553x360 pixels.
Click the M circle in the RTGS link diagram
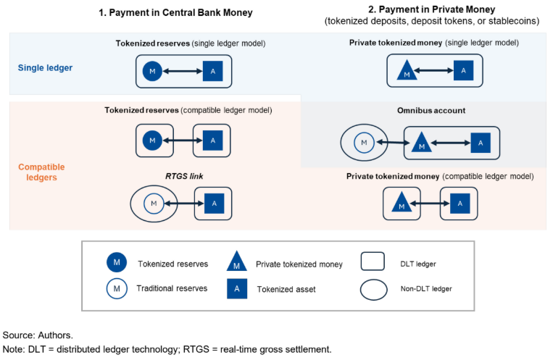[x=154, y=204]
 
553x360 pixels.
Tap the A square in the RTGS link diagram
[x=213, y=204]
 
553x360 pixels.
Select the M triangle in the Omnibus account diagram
[x=421, y=143]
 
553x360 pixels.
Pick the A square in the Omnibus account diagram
[x=475, y=143]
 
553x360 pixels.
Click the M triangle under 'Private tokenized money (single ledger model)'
[x=407, y=71]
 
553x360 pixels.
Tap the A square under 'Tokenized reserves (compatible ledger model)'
[x=212, y=141]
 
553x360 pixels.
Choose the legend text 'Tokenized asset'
[x=286, y=290]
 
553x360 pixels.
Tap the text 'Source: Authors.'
[x=37, y=335]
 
